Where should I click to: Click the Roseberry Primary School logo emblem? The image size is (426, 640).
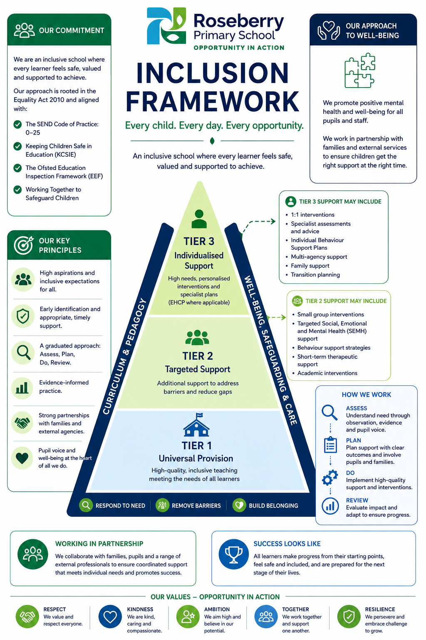point(166,26)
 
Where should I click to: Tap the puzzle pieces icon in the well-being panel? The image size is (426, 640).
point(360,70)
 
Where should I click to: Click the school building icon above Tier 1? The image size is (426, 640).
point(196,425)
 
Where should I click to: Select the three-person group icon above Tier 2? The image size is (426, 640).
point(197,337)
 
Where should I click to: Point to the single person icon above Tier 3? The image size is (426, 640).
point(199,219)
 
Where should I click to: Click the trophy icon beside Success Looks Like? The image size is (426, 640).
point(234,554)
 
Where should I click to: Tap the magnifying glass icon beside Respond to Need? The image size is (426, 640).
point(86,505)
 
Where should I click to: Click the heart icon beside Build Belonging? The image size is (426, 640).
point(239,505)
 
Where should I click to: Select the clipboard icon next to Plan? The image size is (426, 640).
point(330,445)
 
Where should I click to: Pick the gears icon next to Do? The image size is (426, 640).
point(330,477)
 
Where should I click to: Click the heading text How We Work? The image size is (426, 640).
point(367,395)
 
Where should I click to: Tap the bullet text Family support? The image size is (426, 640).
point(310,266)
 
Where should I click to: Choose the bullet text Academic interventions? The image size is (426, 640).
point(327,373)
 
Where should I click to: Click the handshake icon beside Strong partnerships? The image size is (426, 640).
point(22,422)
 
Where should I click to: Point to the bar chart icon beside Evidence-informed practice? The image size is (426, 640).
point(22,388)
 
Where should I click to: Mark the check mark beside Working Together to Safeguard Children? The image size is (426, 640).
point(18,190)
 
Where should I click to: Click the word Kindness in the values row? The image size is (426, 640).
point(140,609)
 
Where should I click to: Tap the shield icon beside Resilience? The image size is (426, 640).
point(349,617)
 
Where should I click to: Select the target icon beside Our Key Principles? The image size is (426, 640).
point(23,245)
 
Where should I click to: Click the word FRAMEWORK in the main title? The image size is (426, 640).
point(213,101)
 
